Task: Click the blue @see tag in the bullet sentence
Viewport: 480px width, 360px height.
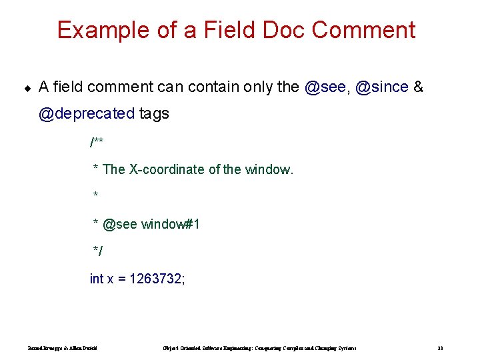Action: [325, 87]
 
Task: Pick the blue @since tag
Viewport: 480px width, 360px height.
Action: [382, 87]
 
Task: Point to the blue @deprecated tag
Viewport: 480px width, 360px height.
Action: [87, 114]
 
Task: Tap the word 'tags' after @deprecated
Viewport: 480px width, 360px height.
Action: [154, 114]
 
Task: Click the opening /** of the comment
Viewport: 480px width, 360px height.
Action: [97, 142]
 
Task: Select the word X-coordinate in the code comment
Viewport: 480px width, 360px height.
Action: [167, 169]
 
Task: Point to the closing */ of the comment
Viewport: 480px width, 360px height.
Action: [98, 251]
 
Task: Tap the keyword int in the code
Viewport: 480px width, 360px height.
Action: [97, 279]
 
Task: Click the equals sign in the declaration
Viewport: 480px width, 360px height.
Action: [122, 279]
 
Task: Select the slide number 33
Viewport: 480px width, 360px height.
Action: [440, 348]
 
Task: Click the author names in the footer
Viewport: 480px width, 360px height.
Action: [63, 348]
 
